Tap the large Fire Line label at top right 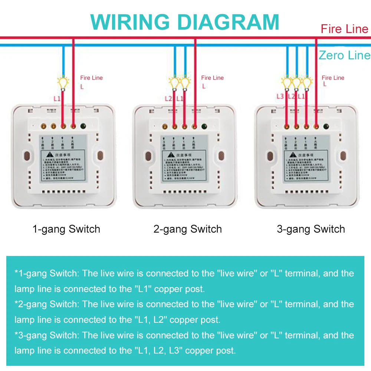coord(344,29)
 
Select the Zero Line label coord(344,55)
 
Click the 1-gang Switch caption coord(66,229)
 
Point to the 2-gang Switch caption coord(188,229)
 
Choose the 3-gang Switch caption coord(311,229)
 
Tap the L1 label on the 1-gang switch coord(57,99)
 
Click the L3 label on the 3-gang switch coord(280,96)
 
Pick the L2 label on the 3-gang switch coord(291,96)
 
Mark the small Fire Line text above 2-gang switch coord(212,78)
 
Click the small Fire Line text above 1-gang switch coord(91,78)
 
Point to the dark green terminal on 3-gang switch coord(326,127)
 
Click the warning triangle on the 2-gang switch coord(170,154)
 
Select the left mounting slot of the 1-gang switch coord(27,156)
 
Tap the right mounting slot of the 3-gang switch coord(344,156)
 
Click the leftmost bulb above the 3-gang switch coord(286,82)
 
